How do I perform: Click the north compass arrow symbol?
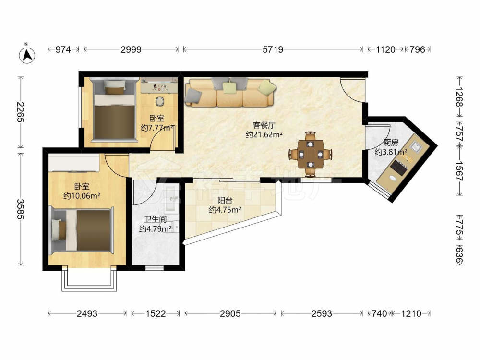[27, 55]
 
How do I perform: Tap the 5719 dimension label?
[273, 49]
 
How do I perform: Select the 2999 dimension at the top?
[131, 49]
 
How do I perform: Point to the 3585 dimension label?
[21, 209]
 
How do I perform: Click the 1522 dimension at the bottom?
[156, 313]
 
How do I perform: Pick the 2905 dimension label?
[230, 313]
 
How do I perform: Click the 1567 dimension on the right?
[459, 170]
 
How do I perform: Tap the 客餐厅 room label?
[264, 125]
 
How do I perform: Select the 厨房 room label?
[391, 143]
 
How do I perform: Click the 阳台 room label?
[225, 201]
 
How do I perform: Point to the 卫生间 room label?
[155, 219]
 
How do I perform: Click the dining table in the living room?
[311, 154]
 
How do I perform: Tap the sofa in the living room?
[229, 93]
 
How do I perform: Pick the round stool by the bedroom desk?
[160, 101]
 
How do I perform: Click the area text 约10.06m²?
[82, 196]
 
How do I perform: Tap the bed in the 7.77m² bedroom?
[114, 109]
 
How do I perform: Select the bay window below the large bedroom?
[89, 278]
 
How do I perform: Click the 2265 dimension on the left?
[21, 112]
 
